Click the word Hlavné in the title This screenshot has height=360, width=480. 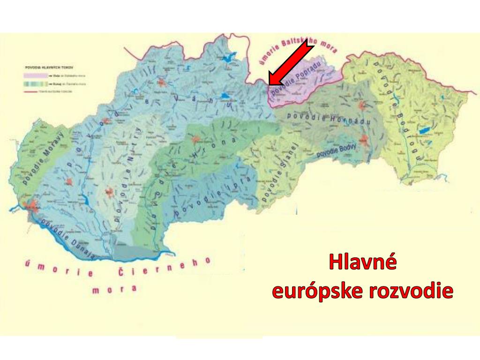click(x=362, y=262)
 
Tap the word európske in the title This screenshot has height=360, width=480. click(x=317, y=291)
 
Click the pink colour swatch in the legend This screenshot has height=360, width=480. click(x=32, y=75)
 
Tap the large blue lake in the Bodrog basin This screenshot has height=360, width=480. click(x=426, y=130)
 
